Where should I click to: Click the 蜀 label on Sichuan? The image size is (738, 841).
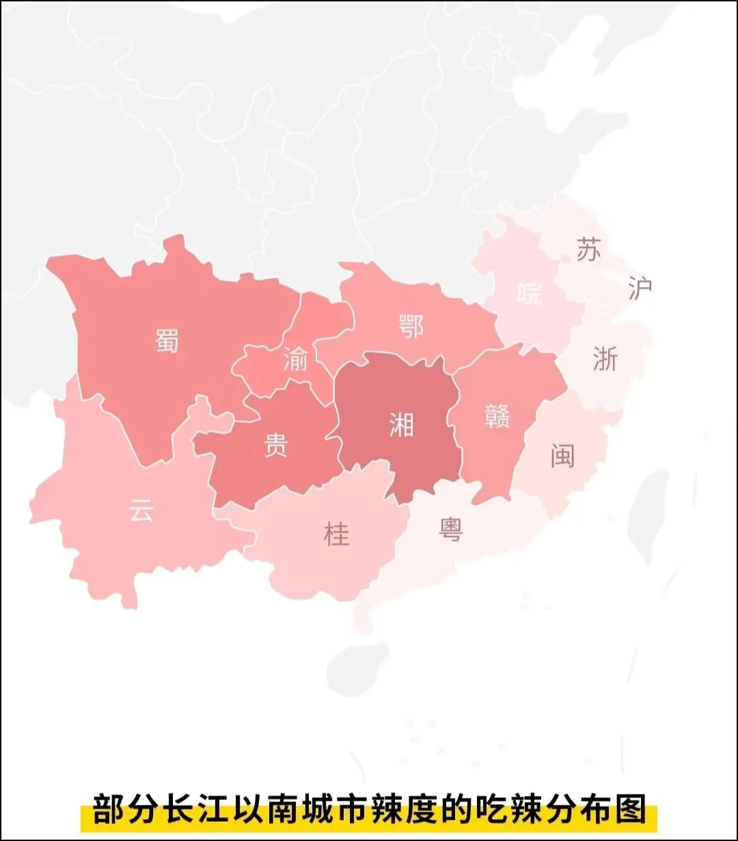167,340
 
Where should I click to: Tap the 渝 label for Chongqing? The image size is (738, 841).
296,359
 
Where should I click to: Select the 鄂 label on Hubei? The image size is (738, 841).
410,327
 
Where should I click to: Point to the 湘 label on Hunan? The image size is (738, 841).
401,425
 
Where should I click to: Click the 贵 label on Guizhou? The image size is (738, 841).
276,445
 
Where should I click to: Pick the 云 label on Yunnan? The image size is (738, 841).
141,510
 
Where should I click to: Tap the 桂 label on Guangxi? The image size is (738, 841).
336,534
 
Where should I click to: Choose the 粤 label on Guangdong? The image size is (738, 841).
451,529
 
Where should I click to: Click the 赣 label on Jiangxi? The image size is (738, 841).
497,415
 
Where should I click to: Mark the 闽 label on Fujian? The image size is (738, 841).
562,456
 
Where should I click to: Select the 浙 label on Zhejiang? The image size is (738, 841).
605,359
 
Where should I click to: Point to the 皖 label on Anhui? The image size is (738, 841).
529,293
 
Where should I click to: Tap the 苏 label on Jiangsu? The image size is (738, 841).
588,250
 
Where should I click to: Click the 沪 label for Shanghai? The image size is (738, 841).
640,288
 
